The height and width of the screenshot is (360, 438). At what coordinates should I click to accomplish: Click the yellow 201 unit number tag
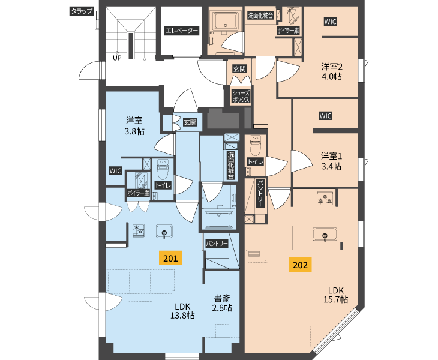[170, 258]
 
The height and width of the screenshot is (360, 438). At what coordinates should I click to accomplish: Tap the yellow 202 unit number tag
[300, 265]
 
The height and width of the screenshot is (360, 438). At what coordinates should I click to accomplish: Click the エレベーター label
[182, 31]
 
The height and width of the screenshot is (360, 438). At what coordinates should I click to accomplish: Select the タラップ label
[81, 11]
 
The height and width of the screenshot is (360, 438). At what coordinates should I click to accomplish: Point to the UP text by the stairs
[117, 58]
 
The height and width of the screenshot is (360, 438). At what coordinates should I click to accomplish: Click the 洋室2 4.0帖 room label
[332, 71]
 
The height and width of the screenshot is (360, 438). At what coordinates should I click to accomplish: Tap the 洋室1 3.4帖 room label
[331, 161]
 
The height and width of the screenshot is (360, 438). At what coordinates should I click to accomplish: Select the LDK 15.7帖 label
[336, 295]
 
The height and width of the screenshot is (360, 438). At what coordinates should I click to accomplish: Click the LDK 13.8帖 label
[182, 311]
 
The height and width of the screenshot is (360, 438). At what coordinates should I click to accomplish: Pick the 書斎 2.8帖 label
[222, 303]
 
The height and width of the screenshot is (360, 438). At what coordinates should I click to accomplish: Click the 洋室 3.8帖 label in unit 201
[134, 126]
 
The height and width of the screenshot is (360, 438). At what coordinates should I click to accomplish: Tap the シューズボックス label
[241, 97]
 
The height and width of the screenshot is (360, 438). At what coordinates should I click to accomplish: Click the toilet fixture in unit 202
[255, 145]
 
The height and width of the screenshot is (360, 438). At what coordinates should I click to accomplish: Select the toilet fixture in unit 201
[163, 170]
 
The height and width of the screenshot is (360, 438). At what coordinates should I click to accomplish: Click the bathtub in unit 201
[219, 219]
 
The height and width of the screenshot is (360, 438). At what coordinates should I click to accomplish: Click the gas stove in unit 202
[325, 198]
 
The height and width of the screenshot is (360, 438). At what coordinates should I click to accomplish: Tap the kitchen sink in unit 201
[164, 232]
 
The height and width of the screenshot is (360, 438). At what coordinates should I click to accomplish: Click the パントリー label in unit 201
[217, 244]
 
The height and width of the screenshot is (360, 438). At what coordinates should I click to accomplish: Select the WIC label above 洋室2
[330, 22]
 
